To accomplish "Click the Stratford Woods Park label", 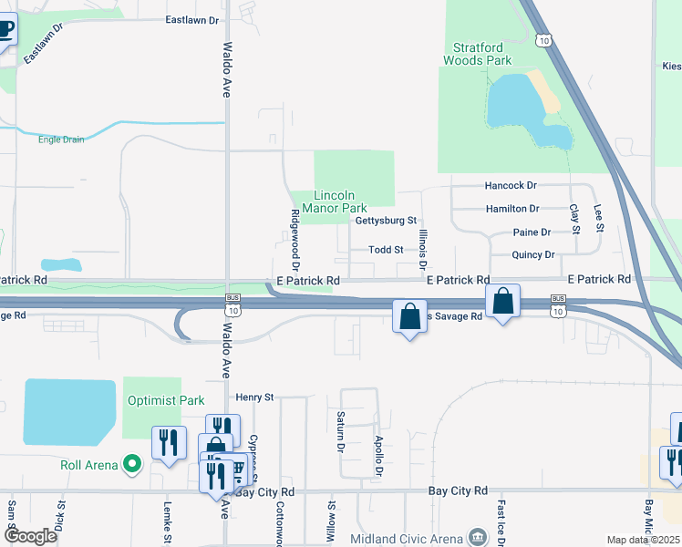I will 478,54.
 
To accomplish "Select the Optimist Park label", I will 166,400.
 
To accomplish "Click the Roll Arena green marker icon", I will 132,465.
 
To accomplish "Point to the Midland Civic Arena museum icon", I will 477,538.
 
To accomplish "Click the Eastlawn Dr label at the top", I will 193,19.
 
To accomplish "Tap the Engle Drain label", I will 61,139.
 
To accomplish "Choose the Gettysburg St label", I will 386,221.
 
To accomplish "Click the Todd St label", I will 386,249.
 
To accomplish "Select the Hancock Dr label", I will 511,185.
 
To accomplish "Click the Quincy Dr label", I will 533,255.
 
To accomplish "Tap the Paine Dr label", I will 532,232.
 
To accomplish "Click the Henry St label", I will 254,397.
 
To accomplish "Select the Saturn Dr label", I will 339,431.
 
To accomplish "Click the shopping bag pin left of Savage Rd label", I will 410,317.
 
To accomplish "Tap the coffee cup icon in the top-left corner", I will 5,28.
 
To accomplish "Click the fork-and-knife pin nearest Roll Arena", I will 169,444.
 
